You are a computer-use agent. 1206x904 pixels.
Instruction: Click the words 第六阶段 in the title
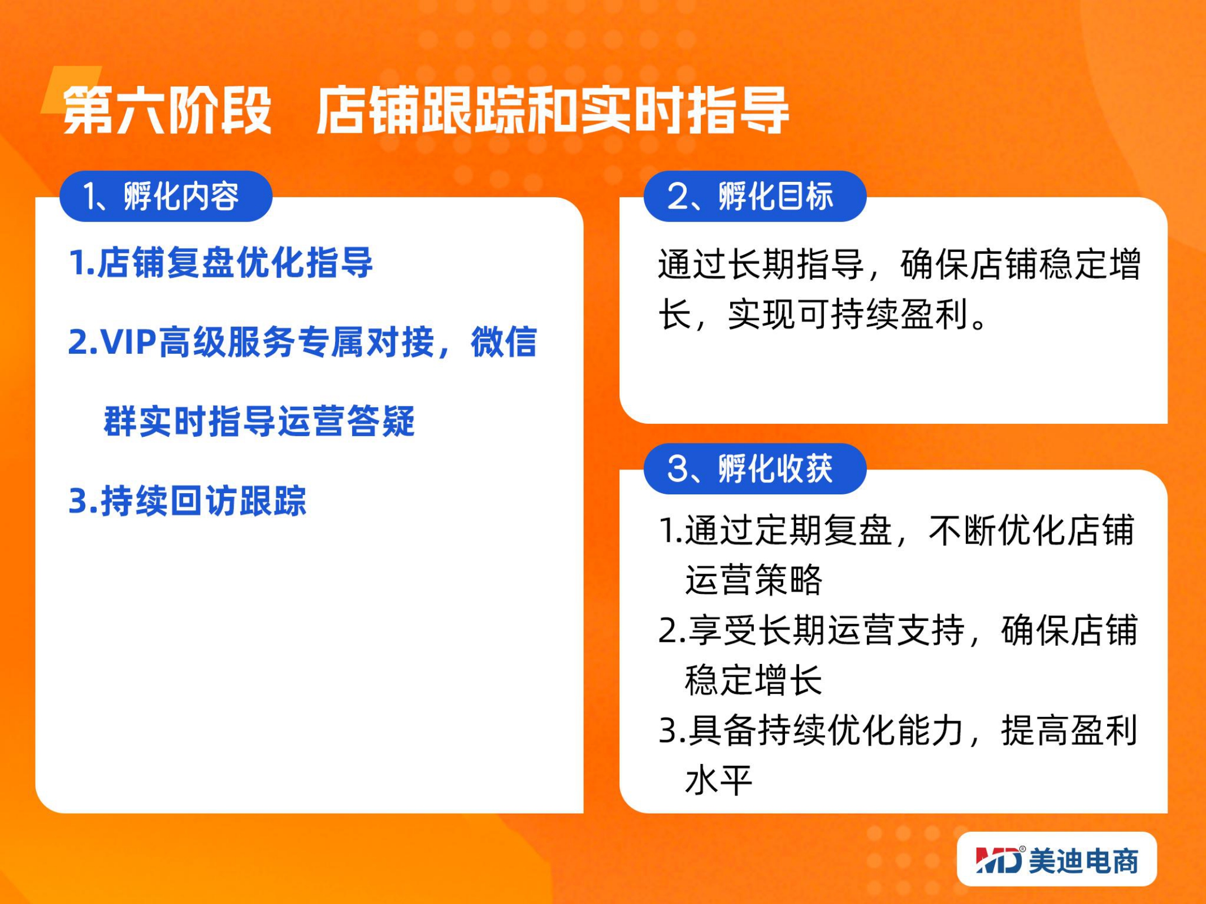click(x=167, y=111)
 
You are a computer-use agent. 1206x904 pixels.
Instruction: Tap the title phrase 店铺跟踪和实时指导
click(x=552, y=111)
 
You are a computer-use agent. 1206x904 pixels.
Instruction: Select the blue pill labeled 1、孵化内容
click(x=166, y=196)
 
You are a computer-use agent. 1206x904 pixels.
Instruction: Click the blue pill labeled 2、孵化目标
click(x=755, y=196)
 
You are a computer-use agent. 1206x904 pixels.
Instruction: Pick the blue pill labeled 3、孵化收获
click(x=755, y=468)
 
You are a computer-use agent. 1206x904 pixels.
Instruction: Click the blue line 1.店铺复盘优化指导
click(x=220, y=263)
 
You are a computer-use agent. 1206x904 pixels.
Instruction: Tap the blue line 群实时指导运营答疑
click(x=259, y=421)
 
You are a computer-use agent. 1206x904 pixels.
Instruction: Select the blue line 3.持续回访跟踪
click(x=187, y=501)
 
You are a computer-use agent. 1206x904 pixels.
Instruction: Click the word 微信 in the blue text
click(x=504, y=342)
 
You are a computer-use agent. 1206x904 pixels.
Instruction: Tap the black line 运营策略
click(x=753, y=580)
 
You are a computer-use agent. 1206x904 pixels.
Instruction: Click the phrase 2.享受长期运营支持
click(x=812, y=631)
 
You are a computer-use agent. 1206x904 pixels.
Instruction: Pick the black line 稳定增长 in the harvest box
click(x=753, y=680)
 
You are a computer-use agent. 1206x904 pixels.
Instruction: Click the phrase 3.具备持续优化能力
click(x=812, y=731)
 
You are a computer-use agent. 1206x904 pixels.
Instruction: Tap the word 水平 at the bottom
click(x=718, y=780)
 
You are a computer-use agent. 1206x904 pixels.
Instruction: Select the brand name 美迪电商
click(x=1083, y=861)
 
